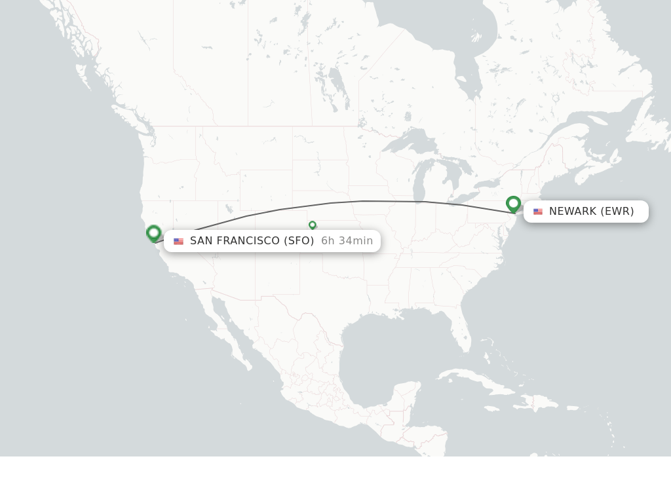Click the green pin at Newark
pyautogui.click(x=513, y=204)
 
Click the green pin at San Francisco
pyautogui.click(x=154, y=233)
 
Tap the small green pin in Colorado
pyautogui.click(x=313, y=225)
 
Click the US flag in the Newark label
pyautogui.click(x=538, y=212)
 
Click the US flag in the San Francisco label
pyautogui.click(x=178, y=241)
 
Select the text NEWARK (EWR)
pyautogui.click(x=591, y=212)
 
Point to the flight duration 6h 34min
pyautogui.click(x=347, y=241)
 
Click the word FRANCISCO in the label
pyautogui.click(x=248, y=241)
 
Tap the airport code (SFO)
pyautogui.click(x=299, y=241)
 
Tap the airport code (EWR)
pyautogui.click(x=617, y=212)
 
